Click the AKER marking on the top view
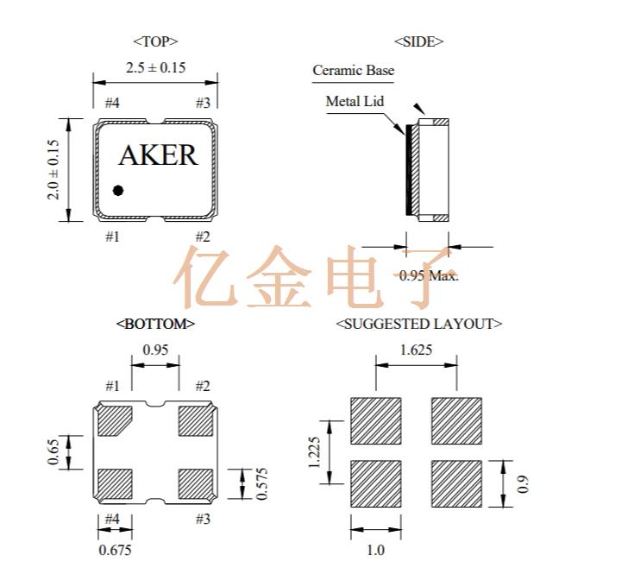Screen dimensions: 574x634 click(x=157, y=155)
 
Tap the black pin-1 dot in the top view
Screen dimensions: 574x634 click(x=118, y=190)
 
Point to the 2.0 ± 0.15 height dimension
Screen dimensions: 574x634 click(x=53, y=170)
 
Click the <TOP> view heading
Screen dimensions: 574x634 click(x=155, y=41)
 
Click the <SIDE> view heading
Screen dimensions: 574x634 click(x=418, y=41)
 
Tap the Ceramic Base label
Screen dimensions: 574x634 click(x=353, y=71)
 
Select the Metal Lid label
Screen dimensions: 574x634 click(x=354, y=101)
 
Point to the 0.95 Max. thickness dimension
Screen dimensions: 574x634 click(x=428, y=275)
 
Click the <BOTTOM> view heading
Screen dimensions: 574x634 click(x=155, y=324)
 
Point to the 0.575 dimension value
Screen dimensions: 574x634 click(x=260, y=483)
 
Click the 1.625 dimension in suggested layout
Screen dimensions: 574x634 click(x=417, y=350)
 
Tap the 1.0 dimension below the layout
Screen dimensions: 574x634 click(x=375, y=550)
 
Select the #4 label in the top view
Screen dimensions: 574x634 click(x=112, y=104)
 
